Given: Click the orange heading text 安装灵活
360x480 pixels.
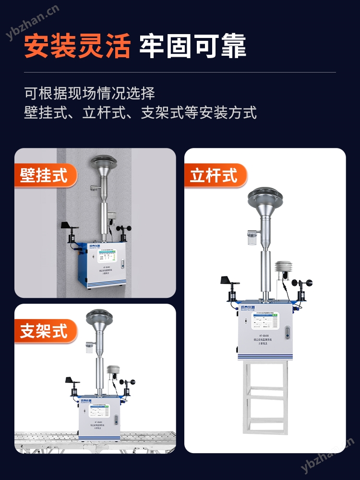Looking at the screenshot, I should tap(77, 46).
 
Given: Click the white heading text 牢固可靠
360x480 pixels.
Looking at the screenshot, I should tap(193, 46).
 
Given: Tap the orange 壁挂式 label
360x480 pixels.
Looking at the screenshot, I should tap(44, 175).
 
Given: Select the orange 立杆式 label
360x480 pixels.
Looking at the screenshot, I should tap(214, 175).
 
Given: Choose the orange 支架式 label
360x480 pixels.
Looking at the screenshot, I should tap(44, 331).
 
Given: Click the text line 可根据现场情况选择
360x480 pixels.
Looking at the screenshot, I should tap(90, 92).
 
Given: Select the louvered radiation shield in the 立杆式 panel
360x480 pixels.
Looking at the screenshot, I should tap(282, 271).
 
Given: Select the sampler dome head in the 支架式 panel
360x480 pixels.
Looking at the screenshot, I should tap(99, 319).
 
